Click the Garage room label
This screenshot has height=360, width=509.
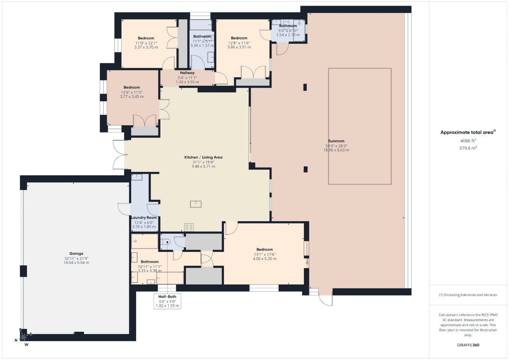pyautogui.click(x=76, y=253)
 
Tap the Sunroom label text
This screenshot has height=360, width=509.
pyautogui.click(x=336, y=141)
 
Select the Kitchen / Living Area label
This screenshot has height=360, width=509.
pyautogui.click(x=203, y=157)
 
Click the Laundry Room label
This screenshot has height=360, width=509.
pyautogui.click(x=144, y=218)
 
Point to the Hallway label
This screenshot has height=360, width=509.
pyautogui.click(x=187, y=73)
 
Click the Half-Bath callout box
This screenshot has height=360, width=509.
pyautogui.click(x=167, y=301)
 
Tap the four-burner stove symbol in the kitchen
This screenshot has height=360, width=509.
pyautogui.click(x=189, y=227)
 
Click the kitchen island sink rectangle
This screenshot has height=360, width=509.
pyautogui.click(x=196, y=204)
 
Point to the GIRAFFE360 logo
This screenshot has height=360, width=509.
pyautogui.click(x=468, y=345)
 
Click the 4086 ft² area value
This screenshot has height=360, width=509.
pyautogui.click(x=468, y=141)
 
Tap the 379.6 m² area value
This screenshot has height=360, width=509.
pyautogui.click(x=468, y=148)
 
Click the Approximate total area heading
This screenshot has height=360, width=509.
pyautogui.click(x=468, y=132)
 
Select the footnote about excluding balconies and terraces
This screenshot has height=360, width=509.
pyautogui.click(x=468, y=295)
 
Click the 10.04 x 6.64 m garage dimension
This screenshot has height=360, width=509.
pyautogui.click(x=76, y=263)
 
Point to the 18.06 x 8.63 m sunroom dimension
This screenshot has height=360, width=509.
pyautogui.click(x=336, y=150)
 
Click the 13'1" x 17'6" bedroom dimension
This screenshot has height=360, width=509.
pyautogui.click(x=265, y=254)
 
